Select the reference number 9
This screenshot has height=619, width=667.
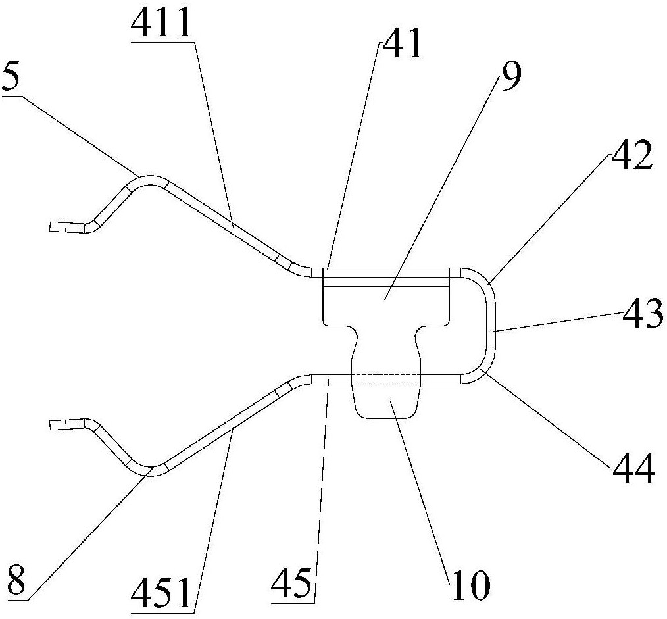(x=510, y=76)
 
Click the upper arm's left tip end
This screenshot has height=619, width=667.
(x=51, y=227)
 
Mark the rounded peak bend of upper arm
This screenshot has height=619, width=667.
(x=149, y=180)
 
